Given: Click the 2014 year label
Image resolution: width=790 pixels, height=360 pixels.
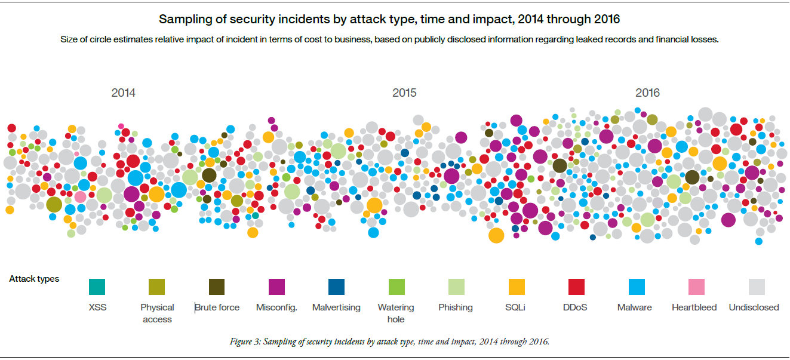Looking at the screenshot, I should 123,93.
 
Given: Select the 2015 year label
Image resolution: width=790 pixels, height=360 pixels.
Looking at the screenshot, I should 404,93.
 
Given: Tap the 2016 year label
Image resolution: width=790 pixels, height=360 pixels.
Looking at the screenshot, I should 647,93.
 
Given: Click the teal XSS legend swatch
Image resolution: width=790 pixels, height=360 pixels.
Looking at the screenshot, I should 96,287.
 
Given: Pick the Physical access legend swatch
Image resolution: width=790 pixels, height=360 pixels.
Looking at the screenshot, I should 157,287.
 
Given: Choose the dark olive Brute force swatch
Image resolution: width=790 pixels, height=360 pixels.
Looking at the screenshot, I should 217,287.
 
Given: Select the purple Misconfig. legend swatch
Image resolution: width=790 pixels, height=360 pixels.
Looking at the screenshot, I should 276,287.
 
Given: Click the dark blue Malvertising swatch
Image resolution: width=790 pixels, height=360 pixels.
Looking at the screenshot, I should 336,287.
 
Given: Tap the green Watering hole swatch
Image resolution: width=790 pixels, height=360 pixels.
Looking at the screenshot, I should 396,287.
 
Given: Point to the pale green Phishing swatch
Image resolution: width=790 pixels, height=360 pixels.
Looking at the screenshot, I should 456,287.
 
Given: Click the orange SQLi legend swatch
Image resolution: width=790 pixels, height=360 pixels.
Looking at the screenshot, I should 517,287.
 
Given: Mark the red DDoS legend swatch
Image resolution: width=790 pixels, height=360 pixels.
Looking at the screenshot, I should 576,287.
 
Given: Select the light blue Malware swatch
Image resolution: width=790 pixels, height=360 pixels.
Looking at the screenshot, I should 637,287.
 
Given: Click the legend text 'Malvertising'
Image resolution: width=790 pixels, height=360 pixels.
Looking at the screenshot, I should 336,307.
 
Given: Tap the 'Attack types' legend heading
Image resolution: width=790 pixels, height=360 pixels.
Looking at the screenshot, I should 34,279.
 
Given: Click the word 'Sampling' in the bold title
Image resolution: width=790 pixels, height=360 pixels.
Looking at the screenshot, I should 182,20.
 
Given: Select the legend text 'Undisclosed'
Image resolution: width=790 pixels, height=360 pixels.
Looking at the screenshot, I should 754,307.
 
